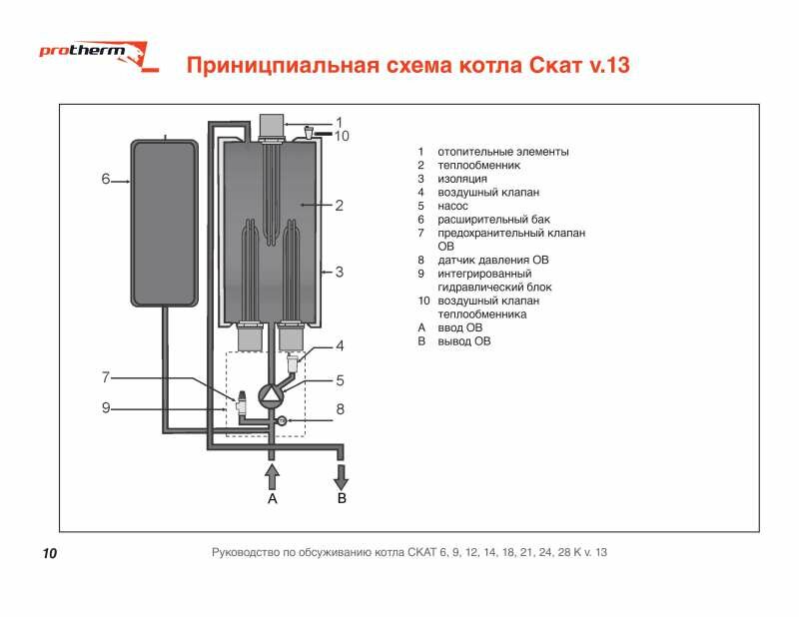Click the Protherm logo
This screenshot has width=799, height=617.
pos(99,56)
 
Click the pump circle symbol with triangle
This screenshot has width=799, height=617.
pos(270,394)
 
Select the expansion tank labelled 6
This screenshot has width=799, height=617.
pos(165,224)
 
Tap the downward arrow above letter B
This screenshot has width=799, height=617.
pos(341,477)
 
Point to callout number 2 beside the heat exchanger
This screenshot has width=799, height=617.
pos(339,206)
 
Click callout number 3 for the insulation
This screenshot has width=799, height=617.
pos(340,272)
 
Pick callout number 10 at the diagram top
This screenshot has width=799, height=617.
pos(342,136)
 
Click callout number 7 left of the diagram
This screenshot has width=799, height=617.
pos(106,377)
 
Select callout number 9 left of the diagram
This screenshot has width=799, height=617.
pos(106,407)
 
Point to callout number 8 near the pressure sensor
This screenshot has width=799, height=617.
pos(340,409)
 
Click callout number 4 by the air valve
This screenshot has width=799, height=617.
pos(340,345)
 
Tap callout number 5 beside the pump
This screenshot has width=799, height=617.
pos(340,380)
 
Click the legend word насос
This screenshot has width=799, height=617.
pos(452,206)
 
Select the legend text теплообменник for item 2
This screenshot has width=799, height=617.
pos(479,165)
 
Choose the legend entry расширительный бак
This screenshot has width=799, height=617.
pos(493,220)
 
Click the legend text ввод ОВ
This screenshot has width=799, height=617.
pos(459,327)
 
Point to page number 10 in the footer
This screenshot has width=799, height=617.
pos(50,553)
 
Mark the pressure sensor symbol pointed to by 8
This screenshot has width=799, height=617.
pos(282,420)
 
